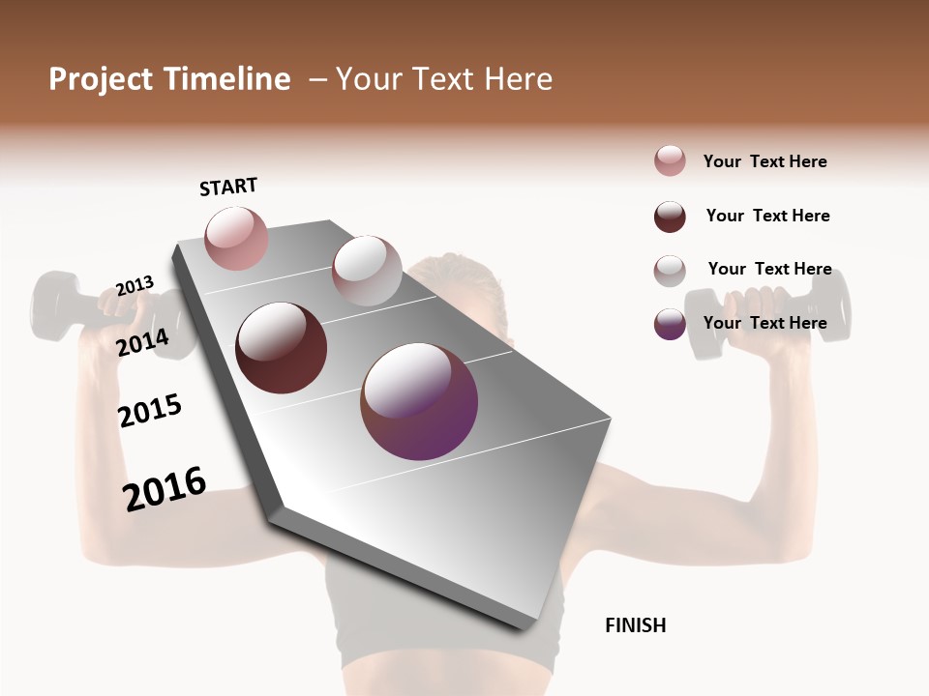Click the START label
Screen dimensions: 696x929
228,187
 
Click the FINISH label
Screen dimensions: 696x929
635,625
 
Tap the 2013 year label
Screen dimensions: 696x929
135,285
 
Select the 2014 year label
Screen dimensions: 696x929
142,342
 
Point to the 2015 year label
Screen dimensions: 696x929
150,411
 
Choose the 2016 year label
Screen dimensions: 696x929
165,488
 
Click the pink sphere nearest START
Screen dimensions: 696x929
236,238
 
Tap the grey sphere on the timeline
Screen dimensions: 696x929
367,271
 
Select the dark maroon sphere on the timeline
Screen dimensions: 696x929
281,348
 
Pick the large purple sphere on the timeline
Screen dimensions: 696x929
419,401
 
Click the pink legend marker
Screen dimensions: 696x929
670,161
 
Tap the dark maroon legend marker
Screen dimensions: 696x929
670,217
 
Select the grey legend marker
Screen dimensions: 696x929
670,271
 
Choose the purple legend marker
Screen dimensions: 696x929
670,324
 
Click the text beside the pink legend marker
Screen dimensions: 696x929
764,161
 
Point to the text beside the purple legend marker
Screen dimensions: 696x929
764,323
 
